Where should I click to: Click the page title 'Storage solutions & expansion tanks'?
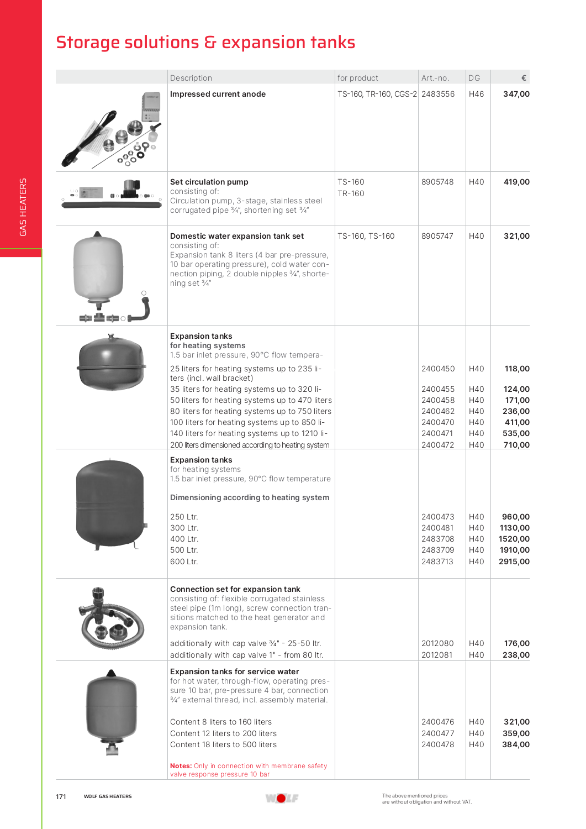205,43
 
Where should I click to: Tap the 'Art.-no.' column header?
435,78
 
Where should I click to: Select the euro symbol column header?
524,78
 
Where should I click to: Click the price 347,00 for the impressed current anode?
516,94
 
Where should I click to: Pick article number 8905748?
437,182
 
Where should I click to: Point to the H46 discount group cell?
476,94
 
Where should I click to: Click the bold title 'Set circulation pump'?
209,182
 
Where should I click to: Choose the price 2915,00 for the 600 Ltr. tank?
514,562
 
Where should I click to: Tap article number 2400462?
438,411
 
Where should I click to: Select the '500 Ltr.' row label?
184,550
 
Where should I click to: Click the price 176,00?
517,643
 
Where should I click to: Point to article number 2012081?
437,655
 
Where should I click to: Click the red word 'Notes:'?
181,766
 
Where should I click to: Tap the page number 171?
61,796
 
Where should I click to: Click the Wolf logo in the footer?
282,798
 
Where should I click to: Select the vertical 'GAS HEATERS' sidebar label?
23,207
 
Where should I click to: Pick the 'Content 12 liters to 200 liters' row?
223,733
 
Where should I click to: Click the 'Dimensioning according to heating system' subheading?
250,497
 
